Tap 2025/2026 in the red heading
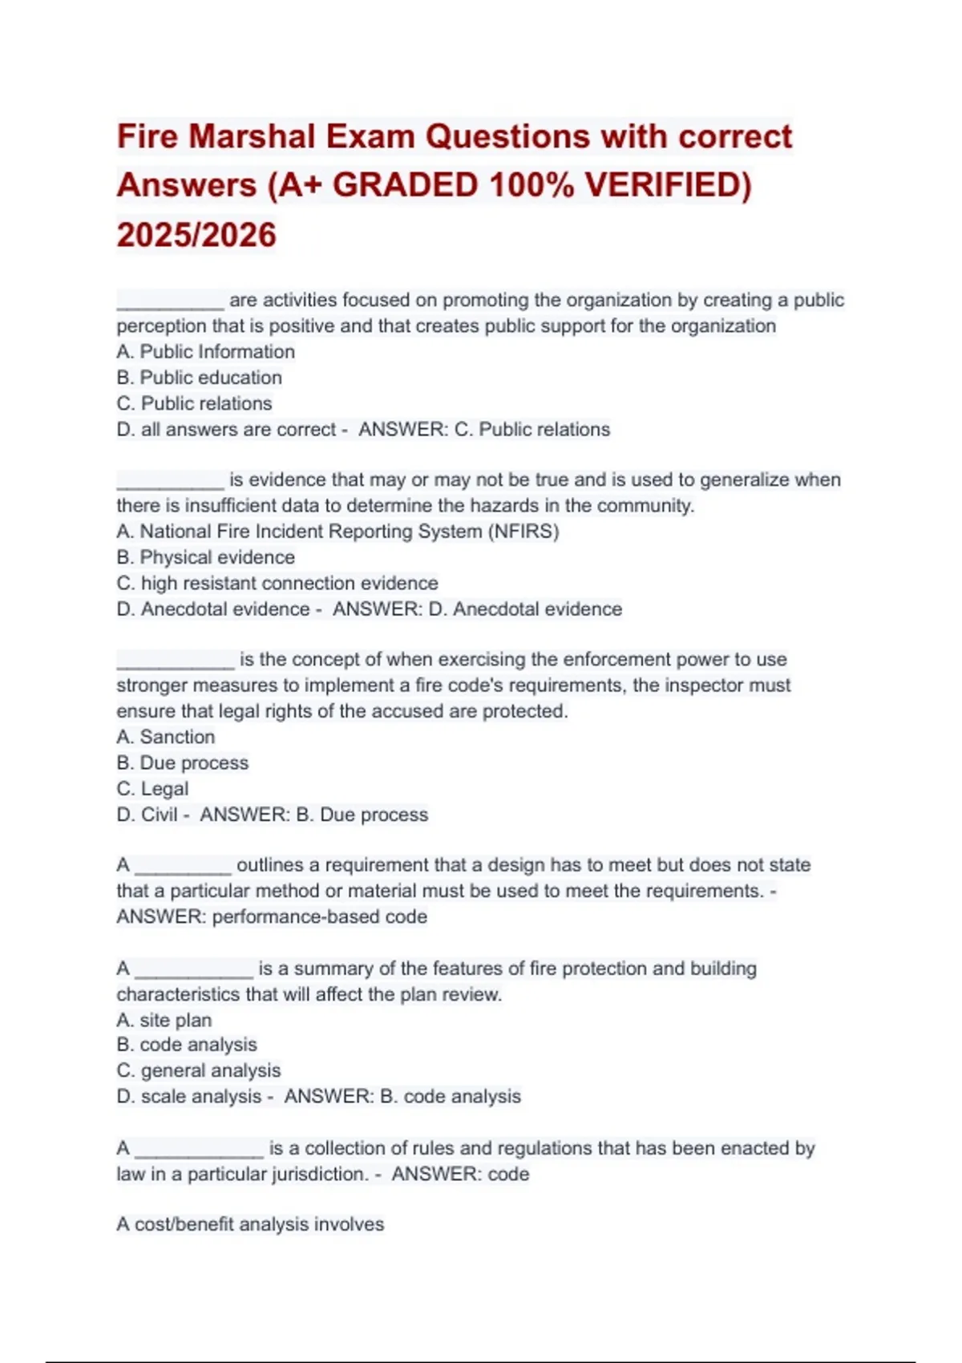tap(196, 235)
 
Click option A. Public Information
tap(206, 352)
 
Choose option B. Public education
tap(200, 378)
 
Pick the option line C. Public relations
tap(195, 403)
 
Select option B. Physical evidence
tap(206, 557)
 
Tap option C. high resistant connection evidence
tap(277, 583)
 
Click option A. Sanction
tap(166, 737)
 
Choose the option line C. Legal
tap(153, 789)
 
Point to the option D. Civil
tap(148, 815)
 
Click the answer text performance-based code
tap(320, 916)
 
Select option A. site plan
tap(164, 1020)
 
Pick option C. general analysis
tap(199, 1070)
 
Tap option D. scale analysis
tap(190, 1096)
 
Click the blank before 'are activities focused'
tap(170, 303)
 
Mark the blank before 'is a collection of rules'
tap(199, 1151)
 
